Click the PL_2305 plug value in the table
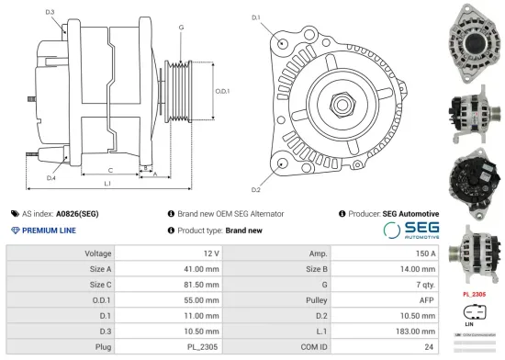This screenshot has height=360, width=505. coord(204,346)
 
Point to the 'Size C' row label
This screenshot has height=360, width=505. coord(99,284)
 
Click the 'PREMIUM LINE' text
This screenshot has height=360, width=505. coord(49,231)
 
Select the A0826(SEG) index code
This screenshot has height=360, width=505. coord(79,213)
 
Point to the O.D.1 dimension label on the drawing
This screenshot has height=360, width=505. coord(221,91)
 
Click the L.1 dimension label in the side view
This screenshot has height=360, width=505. coord(107,185)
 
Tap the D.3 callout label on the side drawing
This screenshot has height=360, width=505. coord(50,12)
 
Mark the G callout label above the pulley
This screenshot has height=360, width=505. coord(181,28)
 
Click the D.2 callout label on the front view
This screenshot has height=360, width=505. coord(255,189)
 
